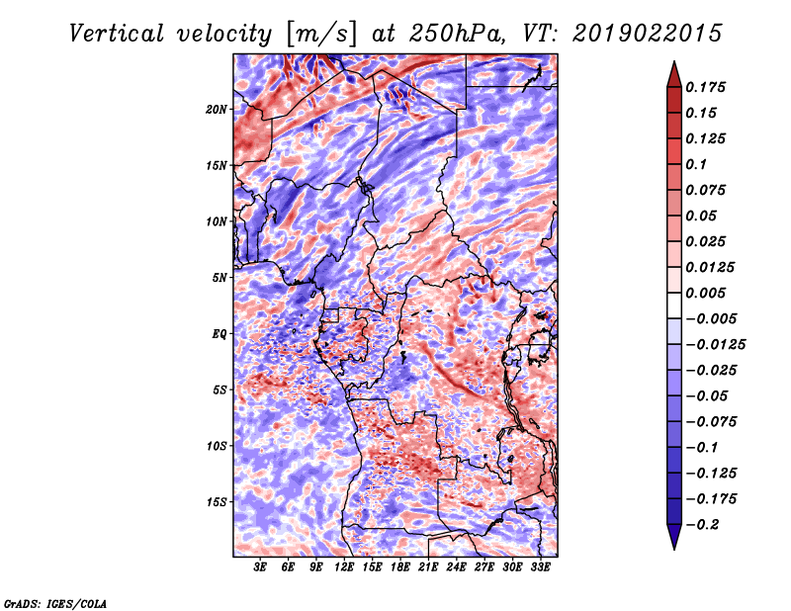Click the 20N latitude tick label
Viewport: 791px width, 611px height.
point(217,109)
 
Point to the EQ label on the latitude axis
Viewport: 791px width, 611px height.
point(220,333)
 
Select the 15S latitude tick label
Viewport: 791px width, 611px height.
point(217,501)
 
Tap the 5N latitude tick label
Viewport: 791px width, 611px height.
point(220,277)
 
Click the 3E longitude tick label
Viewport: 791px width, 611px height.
point(261,567)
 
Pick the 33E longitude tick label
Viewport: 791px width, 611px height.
point(541,567)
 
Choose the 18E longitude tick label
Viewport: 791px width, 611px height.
point(400,567)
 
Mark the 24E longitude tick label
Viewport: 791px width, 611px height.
point(457,567)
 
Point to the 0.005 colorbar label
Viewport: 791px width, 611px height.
point(709,293)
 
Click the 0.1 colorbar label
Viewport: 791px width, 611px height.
point(698,164)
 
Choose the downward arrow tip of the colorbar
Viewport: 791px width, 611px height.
point(672,547)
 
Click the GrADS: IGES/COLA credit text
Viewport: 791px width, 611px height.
point(54,601)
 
